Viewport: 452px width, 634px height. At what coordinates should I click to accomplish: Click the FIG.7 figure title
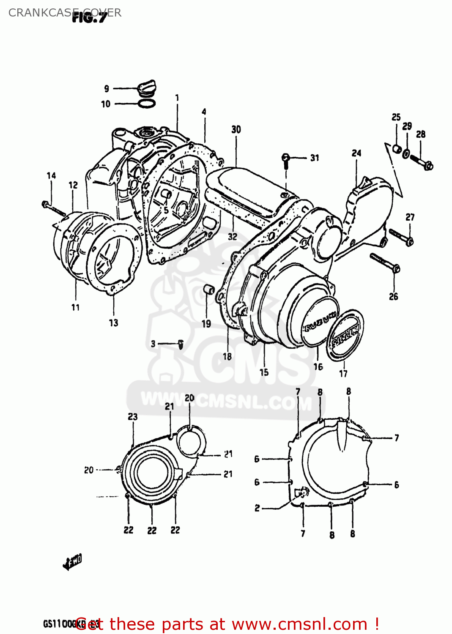coord(90,17)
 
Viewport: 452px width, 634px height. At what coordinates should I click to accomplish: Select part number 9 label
coord(107,89)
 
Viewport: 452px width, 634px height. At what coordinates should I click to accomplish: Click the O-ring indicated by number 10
coord(146,103)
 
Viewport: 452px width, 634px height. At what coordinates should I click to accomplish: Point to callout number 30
coord(236,130)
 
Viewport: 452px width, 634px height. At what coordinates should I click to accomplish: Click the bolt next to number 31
coord(286,160)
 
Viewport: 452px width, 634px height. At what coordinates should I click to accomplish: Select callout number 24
coord(356,153)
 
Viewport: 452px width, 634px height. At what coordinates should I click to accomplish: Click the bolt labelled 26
coord(385,262)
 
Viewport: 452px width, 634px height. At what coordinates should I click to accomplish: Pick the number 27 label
coord(410,217)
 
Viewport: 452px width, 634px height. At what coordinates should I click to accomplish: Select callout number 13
coord(113,323)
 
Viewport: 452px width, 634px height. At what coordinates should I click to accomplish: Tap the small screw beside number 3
coord(181,344)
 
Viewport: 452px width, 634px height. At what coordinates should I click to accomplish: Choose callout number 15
coord(264,372)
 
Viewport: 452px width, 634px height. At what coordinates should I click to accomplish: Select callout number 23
coord(133,417)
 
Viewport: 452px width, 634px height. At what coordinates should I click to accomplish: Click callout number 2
coord(257,508)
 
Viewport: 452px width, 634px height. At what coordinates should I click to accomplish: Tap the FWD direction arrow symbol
coord(72,562)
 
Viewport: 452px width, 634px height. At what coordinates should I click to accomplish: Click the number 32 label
coord(233,237)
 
